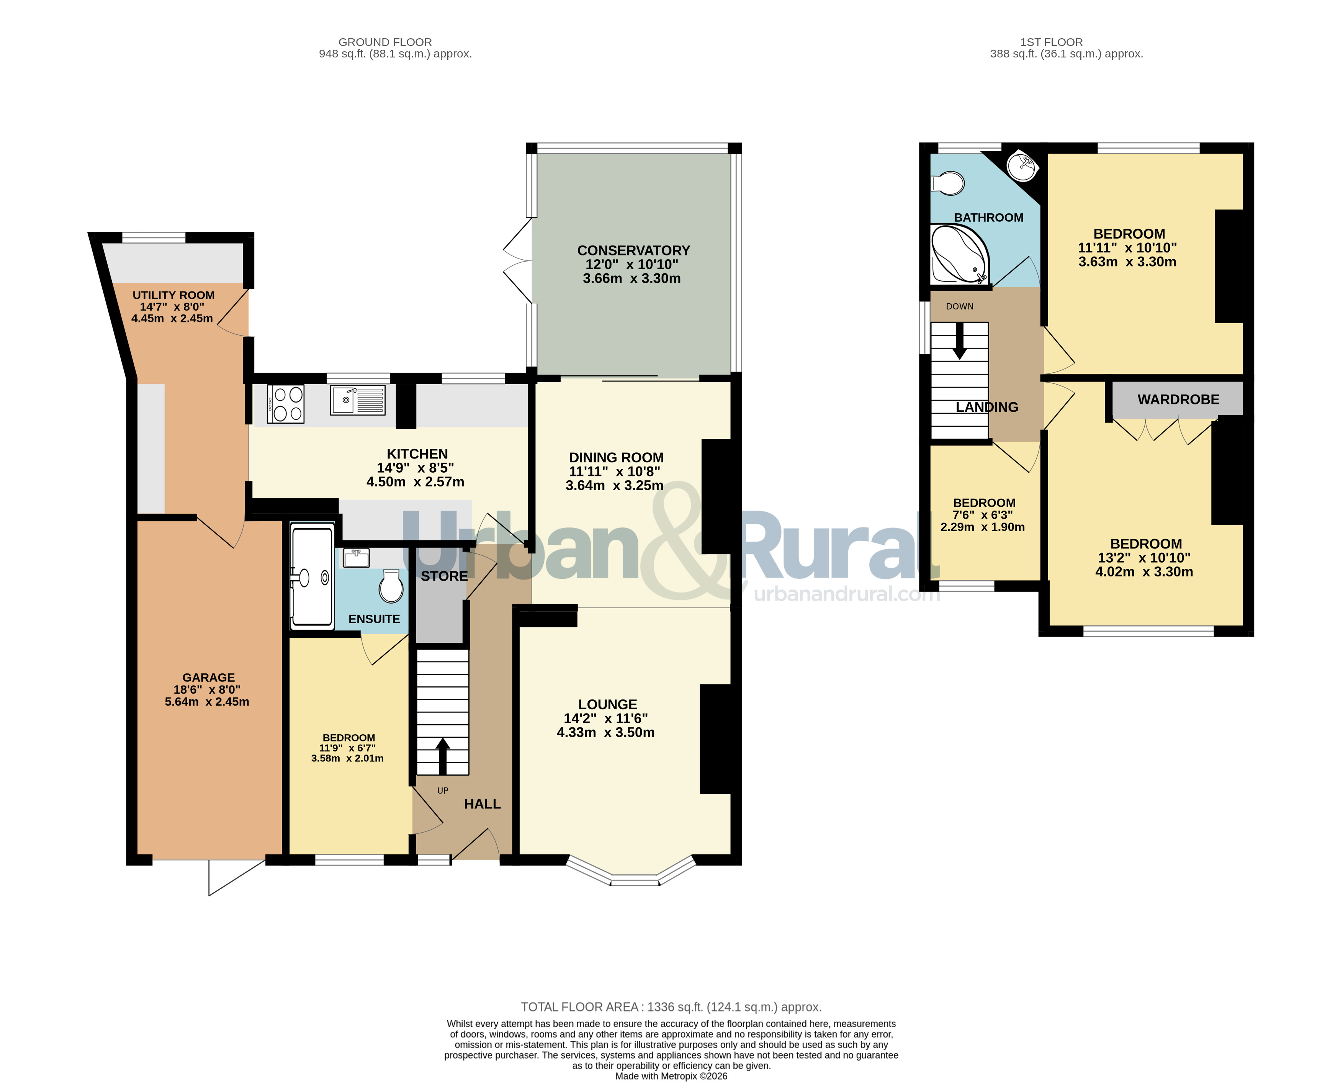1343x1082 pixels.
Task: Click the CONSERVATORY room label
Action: coord(633,250)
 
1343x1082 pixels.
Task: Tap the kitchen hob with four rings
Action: coord(285,404)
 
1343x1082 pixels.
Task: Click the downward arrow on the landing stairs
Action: coord(960,341)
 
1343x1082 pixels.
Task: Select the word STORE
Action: coord(444,576)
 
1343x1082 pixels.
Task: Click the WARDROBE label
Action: coord(1178,399)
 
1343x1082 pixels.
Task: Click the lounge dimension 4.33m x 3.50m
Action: coord(606,732)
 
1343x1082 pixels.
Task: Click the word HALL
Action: coord(483,804)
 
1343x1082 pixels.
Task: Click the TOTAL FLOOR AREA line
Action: coord(671,1007)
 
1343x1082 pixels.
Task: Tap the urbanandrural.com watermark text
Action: coord(846,594)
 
